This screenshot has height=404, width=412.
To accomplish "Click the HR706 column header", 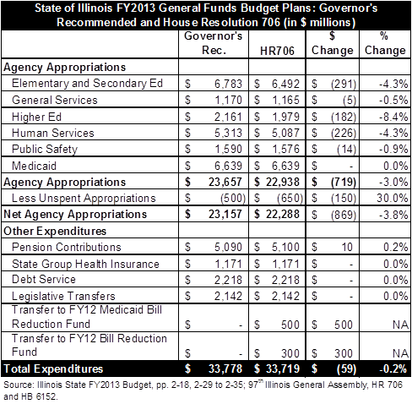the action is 277,51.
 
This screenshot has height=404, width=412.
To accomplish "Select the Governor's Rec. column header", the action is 214,43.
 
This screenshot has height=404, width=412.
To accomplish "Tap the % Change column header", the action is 385,43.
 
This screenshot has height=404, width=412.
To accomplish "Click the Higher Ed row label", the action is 36,117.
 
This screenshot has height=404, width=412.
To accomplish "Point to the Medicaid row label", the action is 34,166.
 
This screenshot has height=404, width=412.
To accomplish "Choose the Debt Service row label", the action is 44,280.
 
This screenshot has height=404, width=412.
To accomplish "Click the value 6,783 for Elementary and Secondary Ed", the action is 228,84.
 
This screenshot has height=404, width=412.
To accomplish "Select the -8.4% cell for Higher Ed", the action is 393,117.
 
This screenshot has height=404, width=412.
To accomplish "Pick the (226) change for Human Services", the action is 344,133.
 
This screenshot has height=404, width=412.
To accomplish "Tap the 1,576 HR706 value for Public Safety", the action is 285,150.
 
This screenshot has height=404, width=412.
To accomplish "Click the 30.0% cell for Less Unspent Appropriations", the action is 393,198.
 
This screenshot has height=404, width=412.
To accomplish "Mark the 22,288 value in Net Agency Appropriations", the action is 283,215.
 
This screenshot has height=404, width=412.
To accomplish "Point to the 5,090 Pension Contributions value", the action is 228,247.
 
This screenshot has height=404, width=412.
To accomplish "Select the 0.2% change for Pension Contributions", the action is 395,247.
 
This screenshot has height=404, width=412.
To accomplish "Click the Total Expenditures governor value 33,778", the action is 225,369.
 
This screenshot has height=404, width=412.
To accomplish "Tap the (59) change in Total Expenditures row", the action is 346,369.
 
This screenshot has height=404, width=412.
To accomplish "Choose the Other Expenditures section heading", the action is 55,231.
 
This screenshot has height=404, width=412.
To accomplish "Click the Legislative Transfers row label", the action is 63,296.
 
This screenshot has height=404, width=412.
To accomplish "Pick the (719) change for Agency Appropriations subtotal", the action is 344,183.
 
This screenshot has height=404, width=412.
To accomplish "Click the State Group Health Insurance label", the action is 85,264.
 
